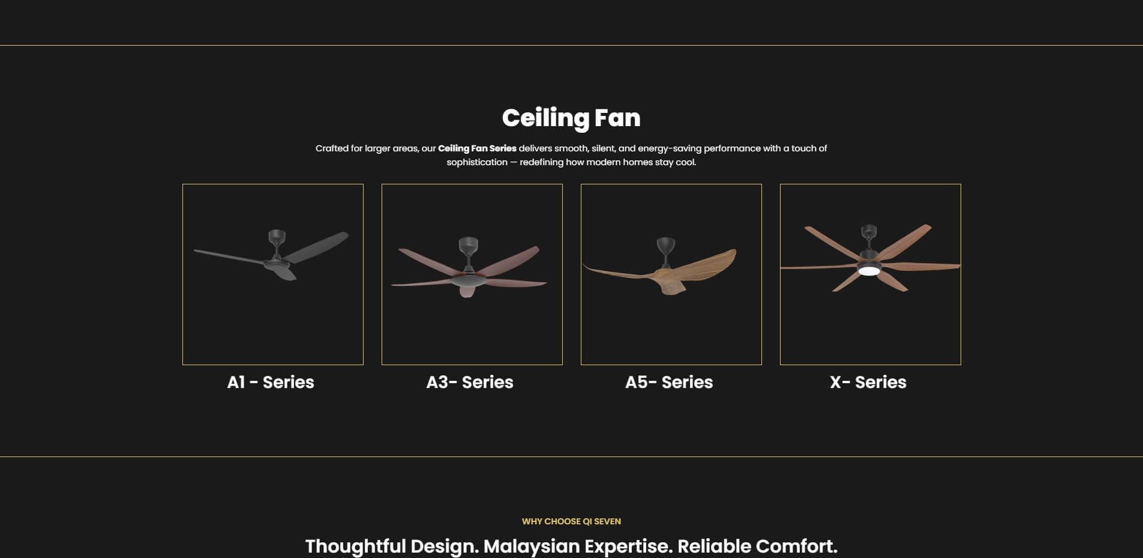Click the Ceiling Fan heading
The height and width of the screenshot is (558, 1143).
pos(571,118)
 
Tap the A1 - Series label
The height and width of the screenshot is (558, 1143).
pos(271,382)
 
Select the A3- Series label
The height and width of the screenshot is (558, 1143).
pos(470,382)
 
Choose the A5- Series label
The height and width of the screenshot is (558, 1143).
pos(669,382)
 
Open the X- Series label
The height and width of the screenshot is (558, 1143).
pos(868,382)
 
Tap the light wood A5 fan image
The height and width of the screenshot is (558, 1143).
pos(660,266)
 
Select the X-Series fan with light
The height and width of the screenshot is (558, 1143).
pos(870,258)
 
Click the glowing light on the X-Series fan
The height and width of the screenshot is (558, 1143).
pos(869,271)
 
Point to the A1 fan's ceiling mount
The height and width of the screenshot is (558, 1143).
pos(277,237)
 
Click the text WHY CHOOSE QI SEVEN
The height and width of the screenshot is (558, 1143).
pos(571,521)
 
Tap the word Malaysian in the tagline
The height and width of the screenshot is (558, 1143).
pos(532,547)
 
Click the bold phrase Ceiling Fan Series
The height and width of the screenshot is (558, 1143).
pos(477,148)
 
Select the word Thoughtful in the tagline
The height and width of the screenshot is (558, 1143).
pos(356,547)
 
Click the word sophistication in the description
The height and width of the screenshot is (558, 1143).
pos(477,162)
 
